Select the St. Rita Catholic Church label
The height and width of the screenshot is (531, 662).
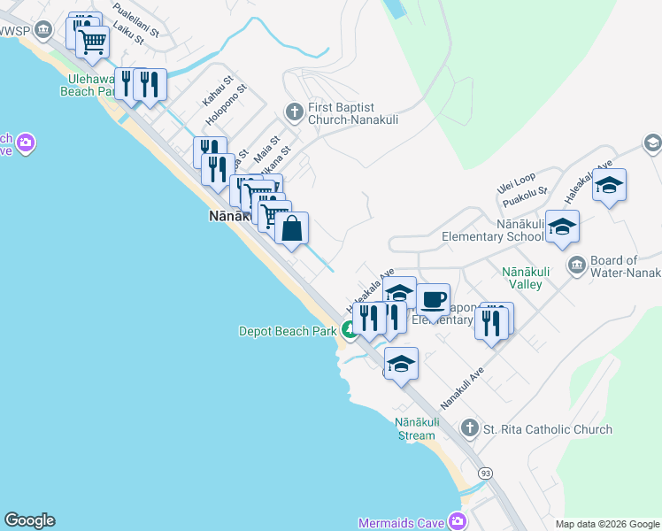coord(547,429)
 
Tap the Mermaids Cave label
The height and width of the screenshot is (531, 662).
coord(401,522)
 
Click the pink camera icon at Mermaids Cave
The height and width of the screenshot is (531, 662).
coord(457,522)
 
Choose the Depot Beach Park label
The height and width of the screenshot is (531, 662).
coord(288,331)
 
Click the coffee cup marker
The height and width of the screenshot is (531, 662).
coord(432,300)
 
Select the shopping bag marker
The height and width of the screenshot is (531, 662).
coord(291,229)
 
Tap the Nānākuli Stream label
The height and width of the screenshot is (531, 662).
coord(415,429)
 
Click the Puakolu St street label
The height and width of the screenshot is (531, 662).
coord(526,199)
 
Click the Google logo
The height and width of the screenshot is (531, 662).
coord(29,520)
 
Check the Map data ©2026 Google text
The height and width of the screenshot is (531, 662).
coord(606,524)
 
